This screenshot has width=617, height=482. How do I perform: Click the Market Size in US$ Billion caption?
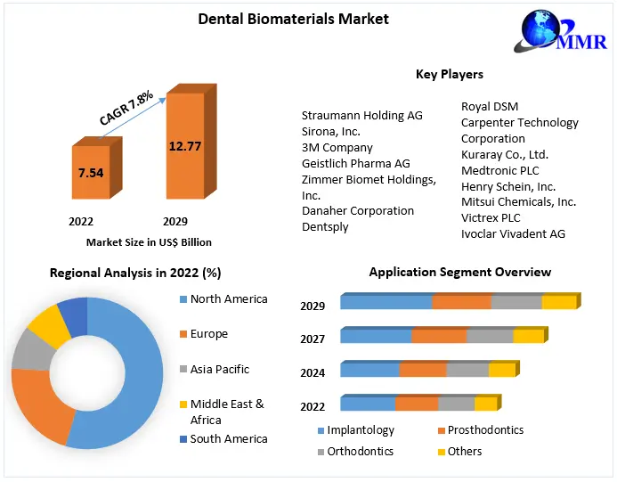click(149, 241)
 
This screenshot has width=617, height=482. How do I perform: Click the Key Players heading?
click(449, 74)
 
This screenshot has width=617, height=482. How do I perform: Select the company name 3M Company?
click(337, 147)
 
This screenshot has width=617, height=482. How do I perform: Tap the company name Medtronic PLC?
click(499, 170)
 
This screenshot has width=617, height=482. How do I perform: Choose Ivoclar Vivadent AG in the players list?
click(513, 233)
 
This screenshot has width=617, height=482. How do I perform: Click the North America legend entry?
click(228, 299)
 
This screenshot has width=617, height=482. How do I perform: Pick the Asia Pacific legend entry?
click(219, 369)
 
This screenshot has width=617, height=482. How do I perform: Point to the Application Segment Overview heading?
click(459, 272)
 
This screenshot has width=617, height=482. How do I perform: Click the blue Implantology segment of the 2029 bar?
click(386, 303)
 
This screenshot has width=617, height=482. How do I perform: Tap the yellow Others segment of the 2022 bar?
click(485, 404)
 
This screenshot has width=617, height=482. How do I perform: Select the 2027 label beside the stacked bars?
click(313, 339)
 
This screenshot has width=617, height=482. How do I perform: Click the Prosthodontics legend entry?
click(485, 430)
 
